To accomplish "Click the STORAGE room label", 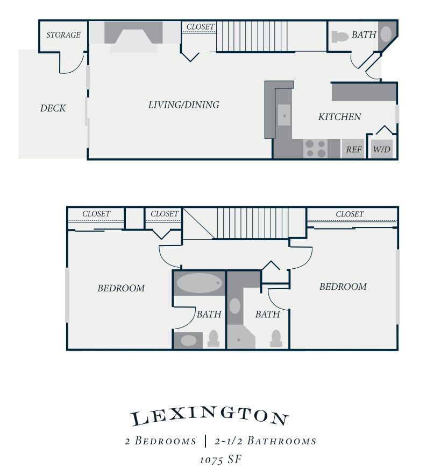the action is click(x=63, y=35).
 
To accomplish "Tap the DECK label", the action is click(x=53, y=108).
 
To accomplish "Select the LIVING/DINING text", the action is click(x=184, y=105).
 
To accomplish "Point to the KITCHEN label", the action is click(x=340, y=117).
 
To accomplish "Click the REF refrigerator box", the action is click(x=353, y=149).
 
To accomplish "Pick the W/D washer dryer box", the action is click(x=382, y=149).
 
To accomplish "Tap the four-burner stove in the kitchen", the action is click(x=315, y=149).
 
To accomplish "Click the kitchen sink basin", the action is click(x=284, y=115).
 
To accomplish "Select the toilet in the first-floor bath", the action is click(x=340, y=37).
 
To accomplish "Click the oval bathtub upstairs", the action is click(x=200, y=283).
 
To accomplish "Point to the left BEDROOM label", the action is click(x=121, y=288).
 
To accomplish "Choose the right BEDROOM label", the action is click(x=343, y=287).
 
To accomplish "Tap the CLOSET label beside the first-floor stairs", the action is click(x=201, y=27).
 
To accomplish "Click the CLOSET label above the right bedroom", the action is click(x=350, y=214).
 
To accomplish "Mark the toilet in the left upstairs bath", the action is click(x=214, y=338).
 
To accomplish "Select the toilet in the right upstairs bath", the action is click(x=276, y=338).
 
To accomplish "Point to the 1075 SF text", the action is click(x=220, y=459).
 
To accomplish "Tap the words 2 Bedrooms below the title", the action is click(x=160, y=441).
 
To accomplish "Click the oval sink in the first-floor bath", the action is click(x=386, y=34).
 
